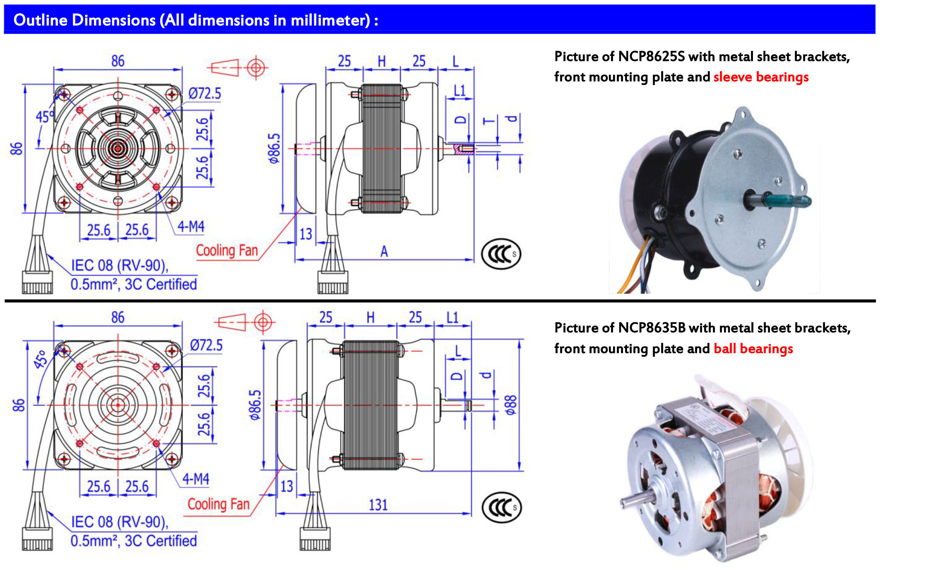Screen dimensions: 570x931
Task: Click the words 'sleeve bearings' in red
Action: [761, 77]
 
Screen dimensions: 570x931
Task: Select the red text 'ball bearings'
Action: [753, 348]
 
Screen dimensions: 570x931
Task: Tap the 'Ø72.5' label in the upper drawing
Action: [204, 94]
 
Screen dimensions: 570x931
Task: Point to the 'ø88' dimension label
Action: [511, 405]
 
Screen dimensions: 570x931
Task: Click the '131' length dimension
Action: [378, 505]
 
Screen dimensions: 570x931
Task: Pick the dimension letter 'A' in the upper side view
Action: [384, 251]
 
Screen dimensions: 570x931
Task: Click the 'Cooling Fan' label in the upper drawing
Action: [227, 250]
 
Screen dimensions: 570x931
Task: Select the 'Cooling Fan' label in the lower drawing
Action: [219, 504]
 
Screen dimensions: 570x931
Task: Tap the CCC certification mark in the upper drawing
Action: [501, 254]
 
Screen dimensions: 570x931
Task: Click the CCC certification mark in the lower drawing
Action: [501, 507]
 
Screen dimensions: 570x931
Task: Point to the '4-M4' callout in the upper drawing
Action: [191, 227]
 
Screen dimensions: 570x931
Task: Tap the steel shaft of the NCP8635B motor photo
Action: [633, 501]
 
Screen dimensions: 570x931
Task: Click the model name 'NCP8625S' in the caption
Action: [651, 56]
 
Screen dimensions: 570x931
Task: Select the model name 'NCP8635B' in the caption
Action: [652, 328]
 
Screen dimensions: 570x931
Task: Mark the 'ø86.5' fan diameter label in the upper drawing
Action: [274, 148]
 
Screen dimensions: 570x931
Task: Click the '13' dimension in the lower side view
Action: [287, 486]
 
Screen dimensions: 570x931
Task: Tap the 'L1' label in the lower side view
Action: [452, 318]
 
